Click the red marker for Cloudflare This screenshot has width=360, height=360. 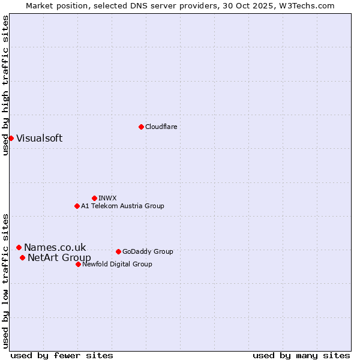[x=141, y=127]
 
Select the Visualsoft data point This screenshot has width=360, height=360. [x=11, y=138]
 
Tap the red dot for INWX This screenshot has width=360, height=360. [x=94, y=198]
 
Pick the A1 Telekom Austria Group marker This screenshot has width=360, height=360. [x=77, y=206]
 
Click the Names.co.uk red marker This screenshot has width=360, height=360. [x=19, y=247]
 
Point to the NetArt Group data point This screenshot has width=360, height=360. [x=22, y=257]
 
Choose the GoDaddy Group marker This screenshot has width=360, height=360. [x=118, y=251]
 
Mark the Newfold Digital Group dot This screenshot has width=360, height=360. [x=78, y=264]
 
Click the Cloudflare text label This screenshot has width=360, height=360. [x=161, y=127]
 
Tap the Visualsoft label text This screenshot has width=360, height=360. [x=39, y=138]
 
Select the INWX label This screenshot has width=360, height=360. [x=107, y=198]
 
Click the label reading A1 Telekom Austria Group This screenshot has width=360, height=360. [x=122, y=206]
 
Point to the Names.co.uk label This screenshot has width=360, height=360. [x=55, y=247]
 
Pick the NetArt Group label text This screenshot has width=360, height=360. [x=59, y=258]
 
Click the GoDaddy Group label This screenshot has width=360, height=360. [x=148, y=251]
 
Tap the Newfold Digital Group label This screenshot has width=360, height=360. [x=117, y=264]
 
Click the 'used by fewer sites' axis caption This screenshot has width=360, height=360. [x=62, y=355]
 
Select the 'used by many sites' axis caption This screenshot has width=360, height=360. [x=301, y=355]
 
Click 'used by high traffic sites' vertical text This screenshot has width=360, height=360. [x=5, y=85]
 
